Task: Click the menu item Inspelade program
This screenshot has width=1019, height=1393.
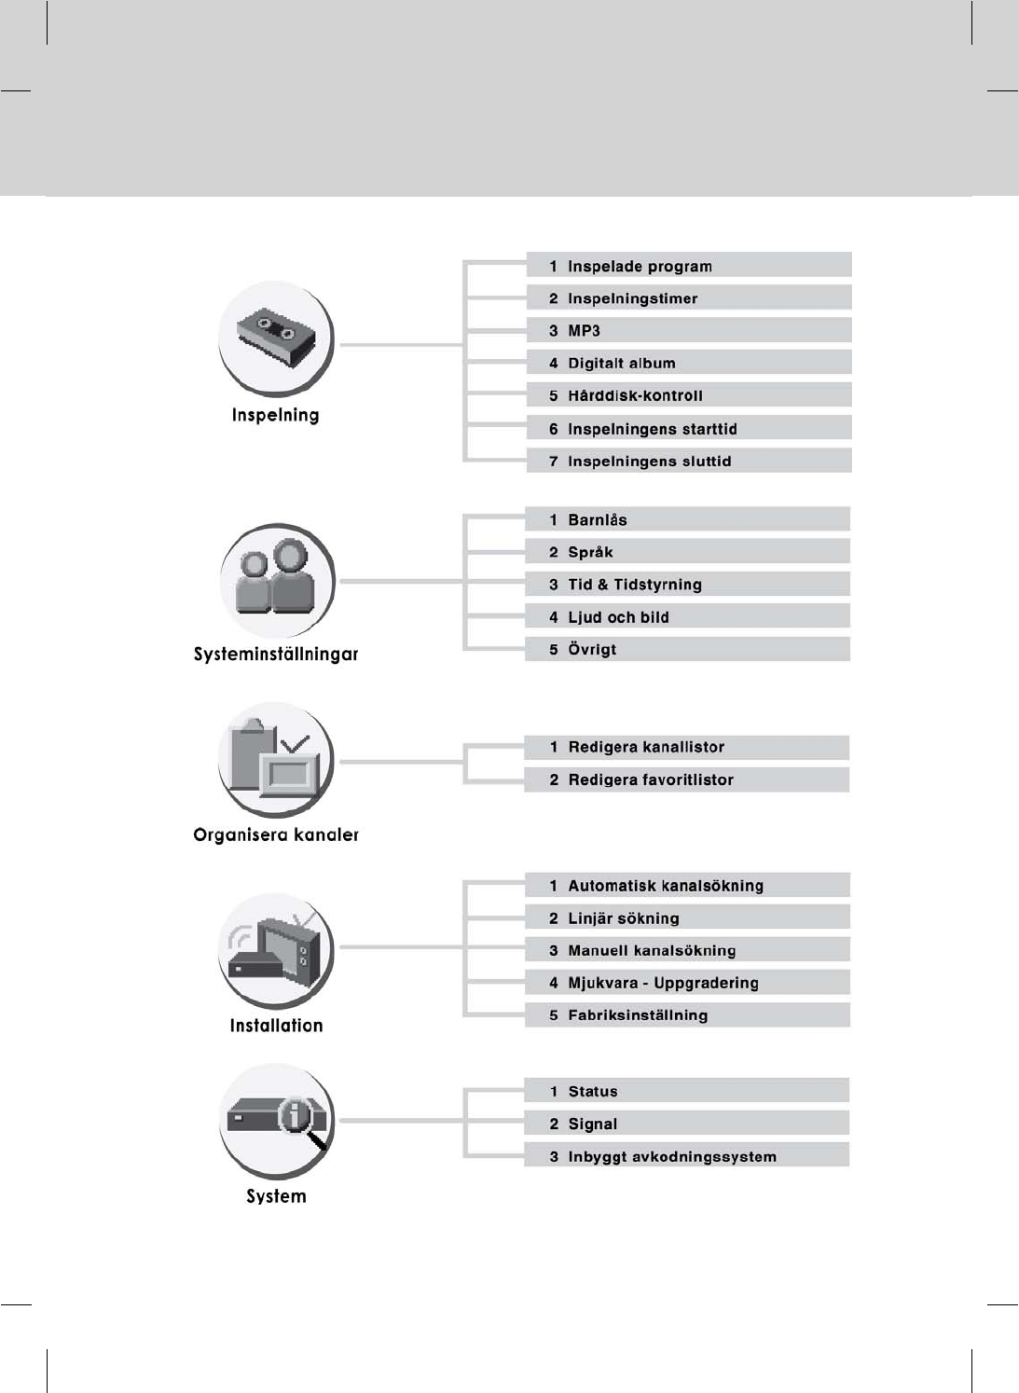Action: point(640,266)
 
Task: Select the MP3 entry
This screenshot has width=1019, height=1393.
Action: point(585,330)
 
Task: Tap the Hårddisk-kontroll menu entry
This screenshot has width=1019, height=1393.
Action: point(635,395)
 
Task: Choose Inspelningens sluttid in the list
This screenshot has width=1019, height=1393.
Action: point(649,461)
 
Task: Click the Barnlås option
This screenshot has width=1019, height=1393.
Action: point(598,519)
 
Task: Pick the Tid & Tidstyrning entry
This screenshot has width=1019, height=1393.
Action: point(635,585)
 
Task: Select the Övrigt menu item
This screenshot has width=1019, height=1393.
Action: point(592,649)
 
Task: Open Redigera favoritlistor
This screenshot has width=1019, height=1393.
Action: point(651,779)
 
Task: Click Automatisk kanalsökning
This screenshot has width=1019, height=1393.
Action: point(666,886)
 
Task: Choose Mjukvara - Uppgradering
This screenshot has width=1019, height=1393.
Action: point(663,983)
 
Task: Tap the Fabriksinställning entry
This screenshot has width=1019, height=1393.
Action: point(638,1015)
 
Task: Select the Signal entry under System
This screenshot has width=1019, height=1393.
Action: point(593,1124)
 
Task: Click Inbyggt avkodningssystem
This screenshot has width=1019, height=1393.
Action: point(672,1157)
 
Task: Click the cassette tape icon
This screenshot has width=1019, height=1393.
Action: point(275,336)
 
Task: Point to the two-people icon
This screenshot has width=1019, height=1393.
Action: point(276,580)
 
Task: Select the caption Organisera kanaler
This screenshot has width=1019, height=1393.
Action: point(276,834)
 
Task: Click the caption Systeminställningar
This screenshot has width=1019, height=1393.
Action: point(276,654)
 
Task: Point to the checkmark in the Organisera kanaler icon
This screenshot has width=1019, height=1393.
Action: point(296,743)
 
